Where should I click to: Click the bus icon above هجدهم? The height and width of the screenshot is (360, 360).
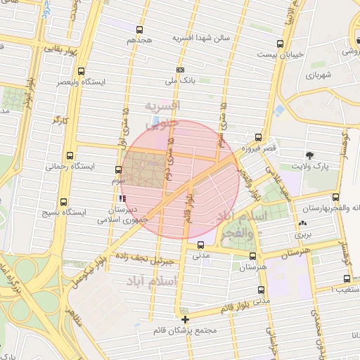click(139, 30)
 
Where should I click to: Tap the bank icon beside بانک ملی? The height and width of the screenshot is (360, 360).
click(181, 70)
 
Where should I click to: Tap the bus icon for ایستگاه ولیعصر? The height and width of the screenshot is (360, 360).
click(82, 71)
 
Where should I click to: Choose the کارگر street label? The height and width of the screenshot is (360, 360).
click(60, 120)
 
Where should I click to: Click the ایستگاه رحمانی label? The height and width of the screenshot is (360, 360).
click(65, 167)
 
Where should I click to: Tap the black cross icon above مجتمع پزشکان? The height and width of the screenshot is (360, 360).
click(185, 319)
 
